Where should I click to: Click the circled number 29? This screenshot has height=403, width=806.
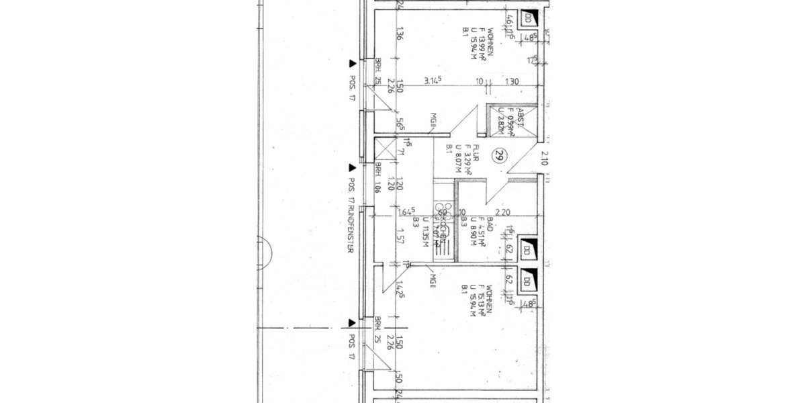tap(499, 156)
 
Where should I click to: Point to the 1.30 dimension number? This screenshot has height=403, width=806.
tap(512, 82)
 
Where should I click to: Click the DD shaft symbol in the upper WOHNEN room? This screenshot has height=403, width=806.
tap(529, 18)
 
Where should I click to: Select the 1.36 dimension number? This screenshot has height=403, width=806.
tap(399, 34)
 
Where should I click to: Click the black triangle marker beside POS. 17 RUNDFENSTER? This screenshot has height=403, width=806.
tap(351, 167)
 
